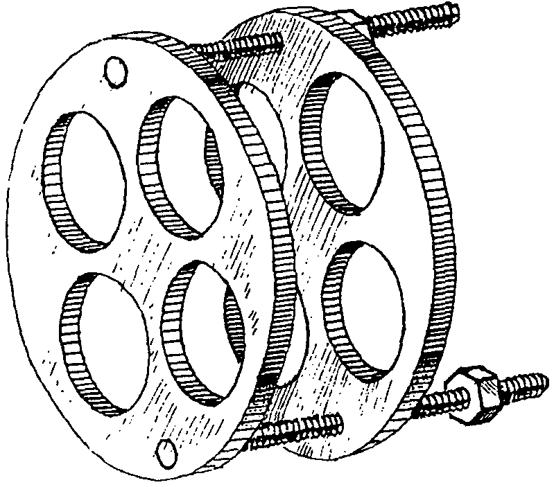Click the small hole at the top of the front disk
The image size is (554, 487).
(114, 70)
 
